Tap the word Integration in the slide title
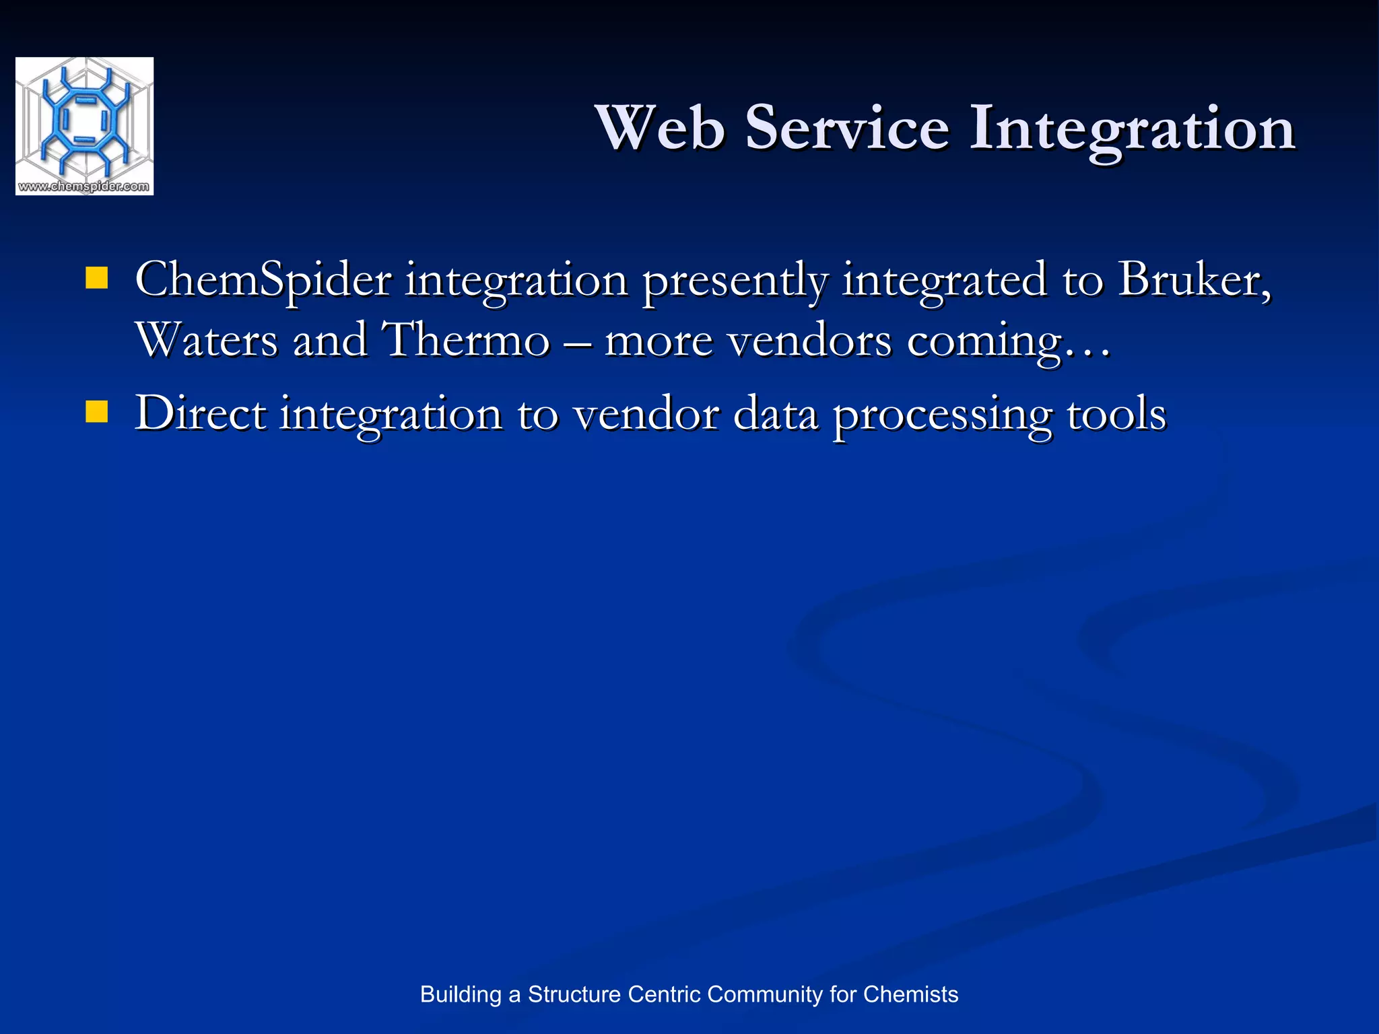[1132, 129]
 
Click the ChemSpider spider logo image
[84, 118]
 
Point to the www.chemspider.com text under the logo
[84, 186]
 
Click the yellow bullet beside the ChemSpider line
[97, 278]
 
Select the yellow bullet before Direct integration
[97, 412]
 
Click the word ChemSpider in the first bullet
[263, 280]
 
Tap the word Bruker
[1194, 279]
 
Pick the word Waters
[206, 339]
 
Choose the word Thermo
[465, 339]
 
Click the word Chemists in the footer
[910, 994]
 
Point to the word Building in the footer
[461, 995]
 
